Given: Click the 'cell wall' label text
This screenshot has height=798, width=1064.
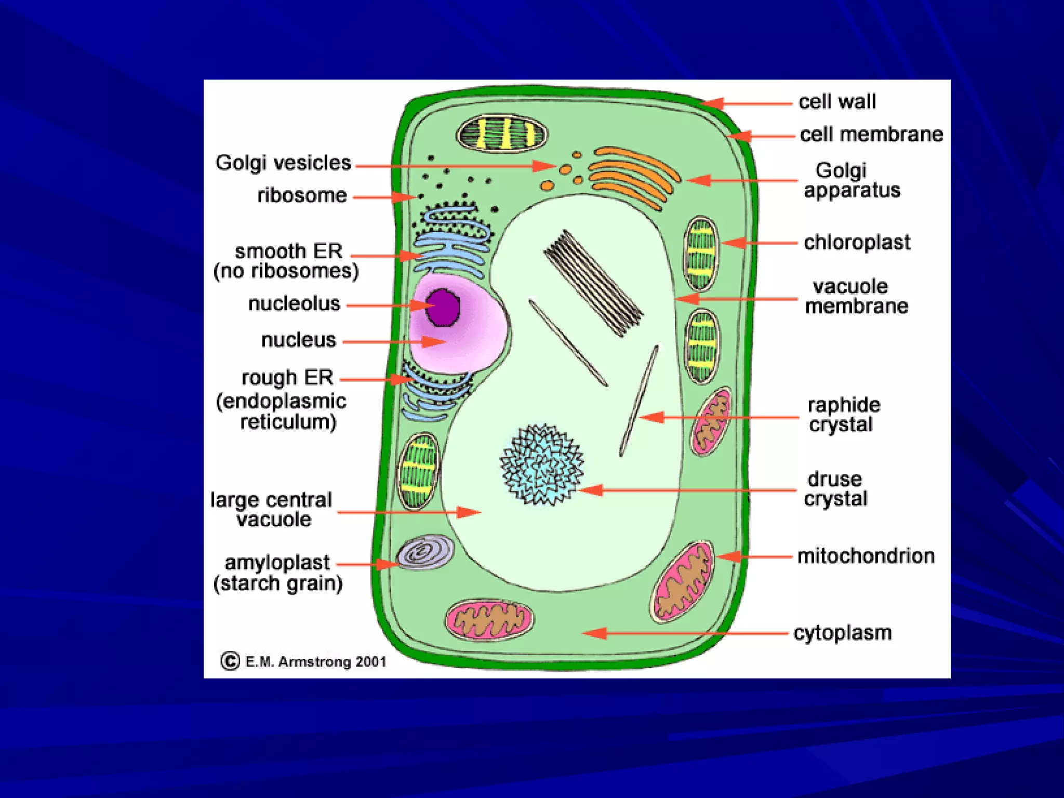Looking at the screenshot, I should (837, 102).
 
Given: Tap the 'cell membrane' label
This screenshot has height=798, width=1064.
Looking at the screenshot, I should (871, 135).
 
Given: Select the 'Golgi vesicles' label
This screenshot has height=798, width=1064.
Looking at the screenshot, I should (283, 163).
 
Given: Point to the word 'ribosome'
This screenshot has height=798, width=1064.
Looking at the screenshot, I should (302, 196).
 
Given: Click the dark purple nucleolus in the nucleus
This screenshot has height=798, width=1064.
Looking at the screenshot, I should (443, 308).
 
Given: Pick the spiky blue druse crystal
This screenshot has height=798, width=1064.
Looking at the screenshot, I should (541, 464).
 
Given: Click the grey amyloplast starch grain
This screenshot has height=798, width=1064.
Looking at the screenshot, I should (425, 552).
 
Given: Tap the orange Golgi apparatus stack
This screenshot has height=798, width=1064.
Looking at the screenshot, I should (634, 176).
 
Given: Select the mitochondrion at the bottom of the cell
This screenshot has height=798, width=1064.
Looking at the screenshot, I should (489, 620).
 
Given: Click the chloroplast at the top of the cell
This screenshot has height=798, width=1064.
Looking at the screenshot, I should (502, 134).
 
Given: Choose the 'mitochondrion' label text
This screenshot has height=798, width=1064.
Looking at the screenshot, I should (866, 556).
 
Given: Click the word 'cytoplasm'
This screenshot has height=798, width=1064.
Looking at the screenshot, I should (842, 633).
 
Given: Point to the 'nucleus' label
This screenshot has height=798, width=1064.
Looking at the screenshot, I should (299, 340).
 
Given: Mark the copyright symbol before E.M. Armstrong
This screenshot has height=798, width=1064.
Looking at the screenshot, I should (230, 661).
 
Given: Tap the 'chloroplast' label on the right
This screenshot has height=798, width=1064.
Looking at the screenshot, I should (857, 243).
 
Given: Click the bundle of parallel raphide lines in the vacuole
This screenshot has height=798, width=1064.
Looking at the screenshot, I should (593, 283).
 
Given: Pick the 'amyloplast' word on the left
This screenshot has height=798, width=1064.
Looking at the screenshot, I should (277, 563).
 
